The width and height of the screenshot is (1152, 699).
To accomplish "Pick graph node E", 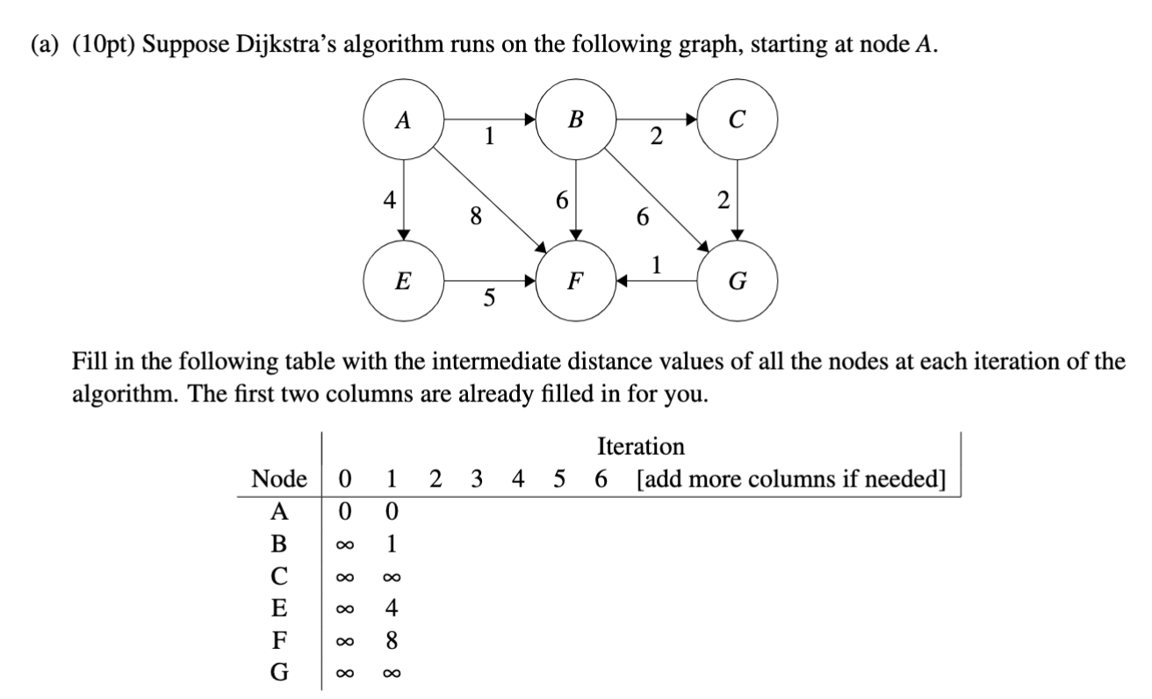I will [403, 281].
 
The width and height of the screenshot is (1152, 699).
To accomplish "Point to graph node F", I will [575, 282].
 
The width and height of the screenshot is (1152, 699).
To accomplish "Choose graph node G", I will [737, 282].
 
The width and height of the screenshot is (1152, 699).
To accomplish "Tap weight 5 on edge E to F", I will [488, 300].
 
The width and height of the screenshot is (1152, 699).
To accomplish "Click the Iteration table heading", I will [640, 446].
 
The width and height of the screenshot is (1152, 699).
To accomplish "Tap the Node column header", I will [279, 479].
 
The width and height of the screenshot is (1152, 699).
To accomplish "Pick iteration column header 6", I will [601, 479].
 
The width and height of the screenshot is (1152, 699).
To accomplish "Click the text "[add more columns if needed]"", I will [791, 479].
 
